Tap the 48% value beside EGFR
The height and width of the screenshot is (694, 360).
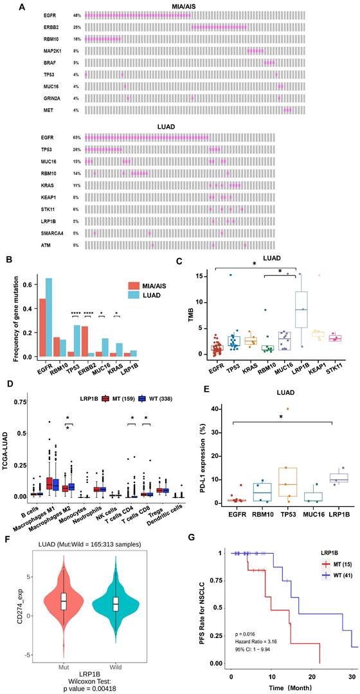pyautogui.click(x=76, y=15)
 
